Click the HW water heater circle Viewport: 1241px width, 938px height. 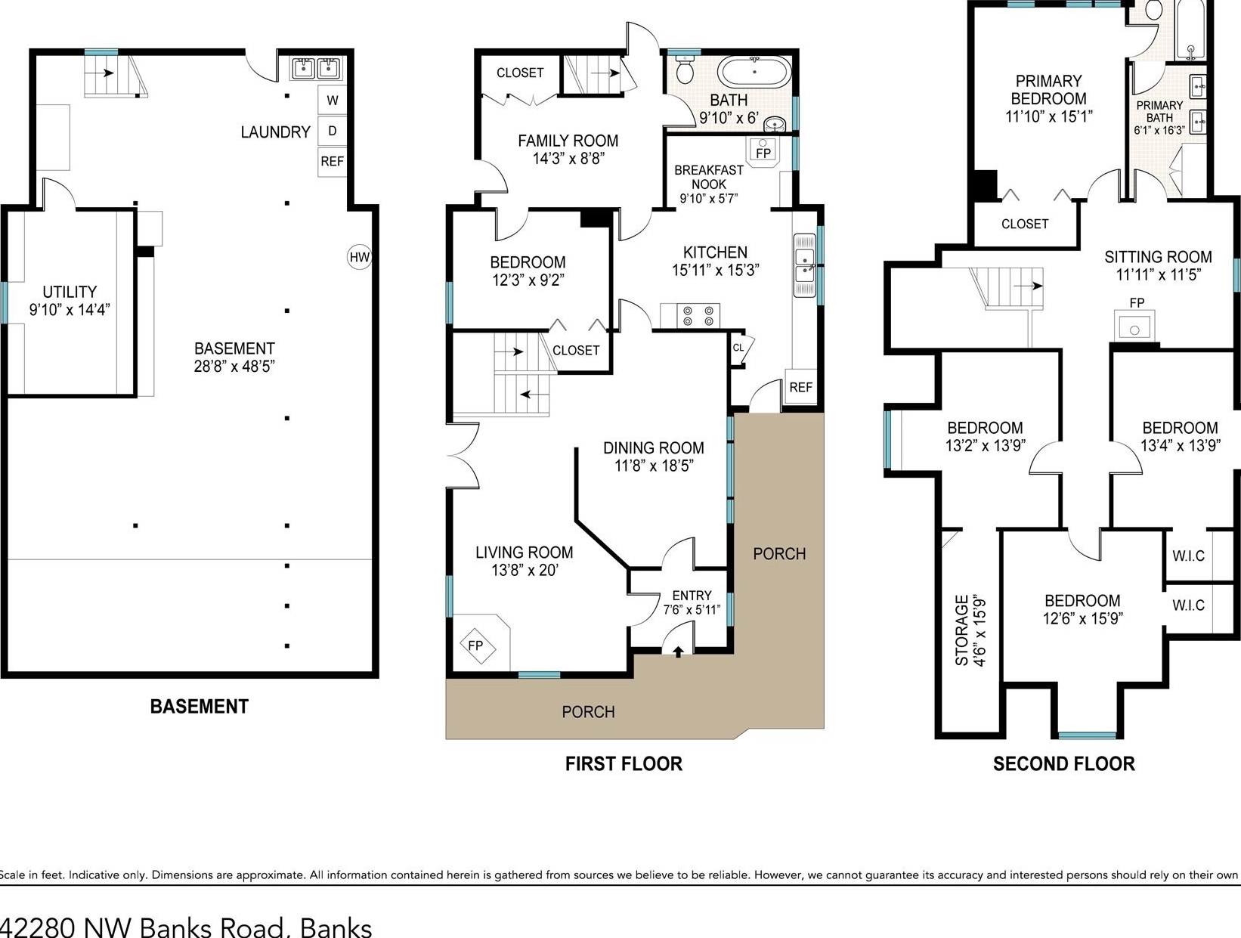point(359,257)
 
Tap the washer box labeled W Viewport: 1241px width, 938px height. point(333,100)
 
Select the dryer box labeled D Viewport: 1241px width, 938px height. point(333,131)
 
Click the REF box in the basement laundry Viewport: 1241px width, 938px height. point(333,161)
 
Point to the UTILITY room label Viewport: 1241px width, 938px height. point(70,292)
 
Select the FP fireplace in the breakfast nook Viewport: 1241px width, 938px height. point(763,151)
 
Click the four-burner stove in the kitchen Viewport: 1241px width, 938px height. point(698,315)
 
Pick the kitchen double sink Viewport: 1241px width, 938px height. point(804,265)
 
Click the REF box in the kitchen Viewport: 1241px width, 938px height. point(800,387)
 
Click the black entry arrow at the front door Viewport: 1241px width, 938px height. point(678,652)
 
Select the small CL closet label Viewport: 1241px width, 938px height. point(738,347)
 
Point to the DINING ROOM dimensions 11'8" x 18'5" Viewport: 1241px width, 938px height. point(654,466)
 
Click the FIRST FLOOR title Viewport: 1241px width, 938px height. point(624,763)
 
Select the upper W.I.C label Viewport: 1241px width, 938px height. point(1188,556)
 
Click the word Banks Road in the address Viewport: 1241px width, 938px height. point(212,928)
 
